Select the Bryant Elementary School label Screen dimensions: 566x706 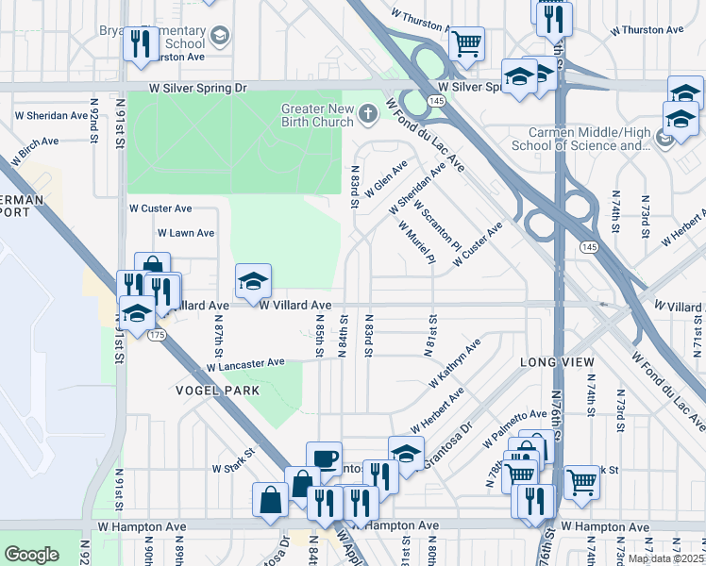click(152, 37)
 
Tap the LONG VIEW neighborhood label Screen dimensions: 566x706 click(557, 363)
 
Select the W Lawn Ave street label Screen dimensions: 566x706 click(186, 232)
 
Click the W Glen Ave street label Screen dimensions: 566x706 click(386, 176)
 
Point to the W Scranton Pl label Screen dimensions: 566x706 click(435, 230)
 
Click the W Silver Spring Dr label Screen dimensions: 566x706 click(197, 87)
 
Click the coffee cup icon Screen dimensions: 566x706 click(324, 458)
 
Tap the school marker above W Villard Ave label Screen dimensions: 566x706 click(253, 280)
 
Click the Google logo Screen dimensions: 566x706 click(31, 555)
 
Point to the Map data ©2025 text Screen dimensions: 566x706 click(665, 558)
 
